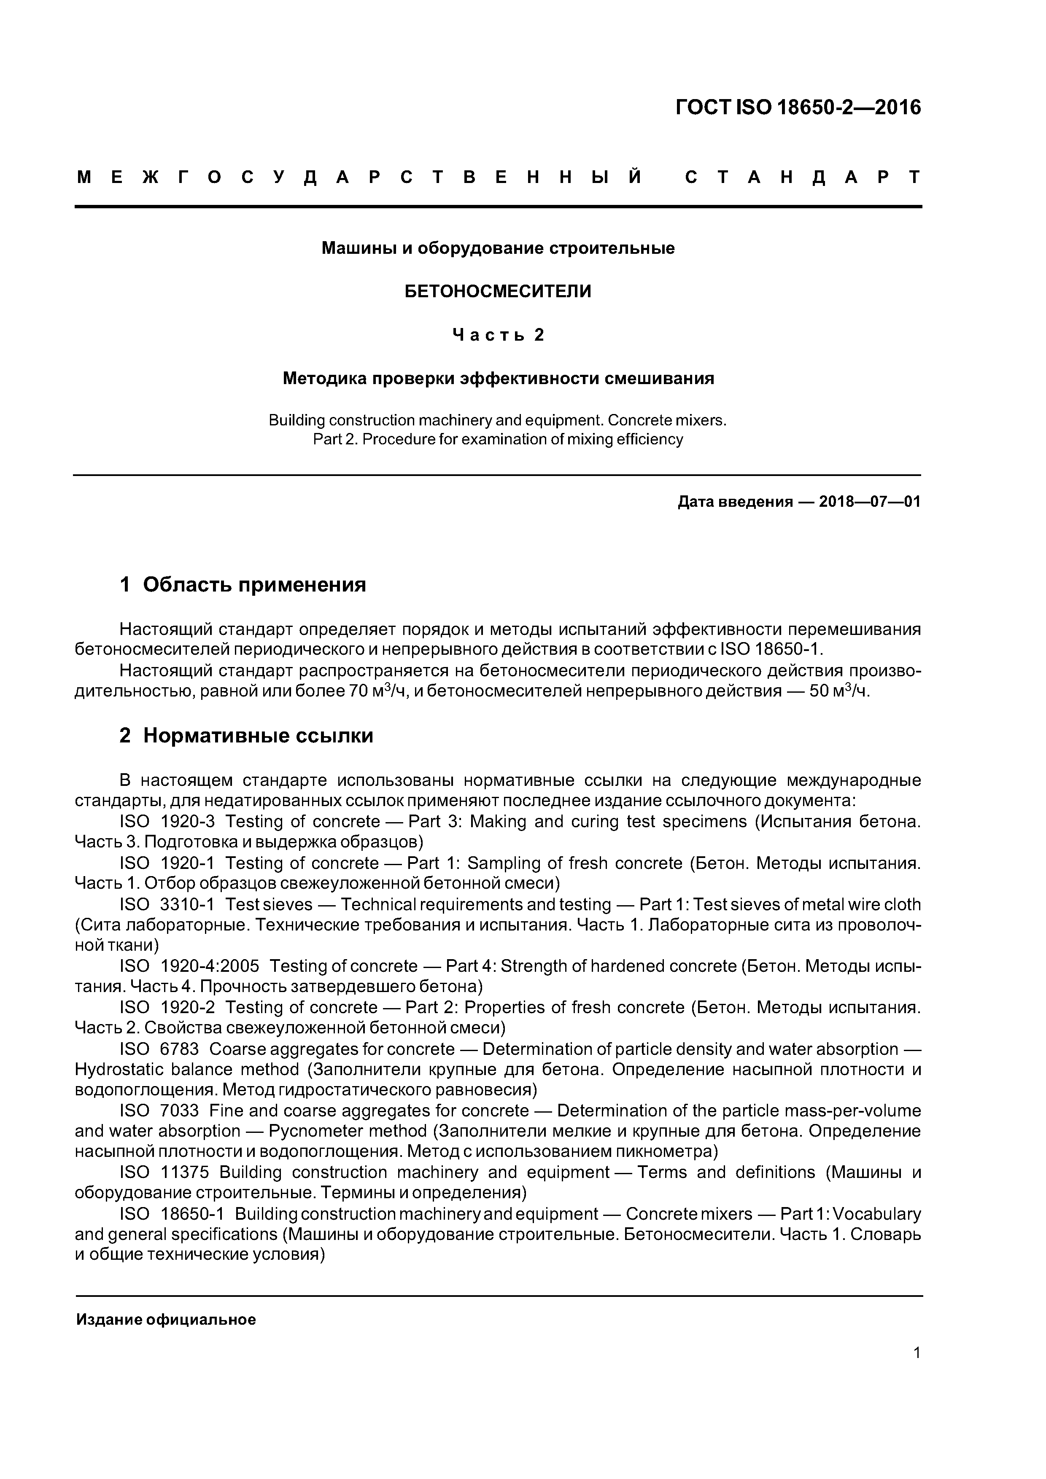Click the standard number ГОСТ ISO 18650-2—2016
798,107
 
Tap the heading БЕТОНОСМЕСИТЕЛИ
498,292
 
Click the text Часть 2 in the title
498,335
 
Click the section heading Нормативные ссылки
258,736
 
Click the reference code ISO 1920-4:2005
189,966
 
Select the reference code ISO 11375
164,1172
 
